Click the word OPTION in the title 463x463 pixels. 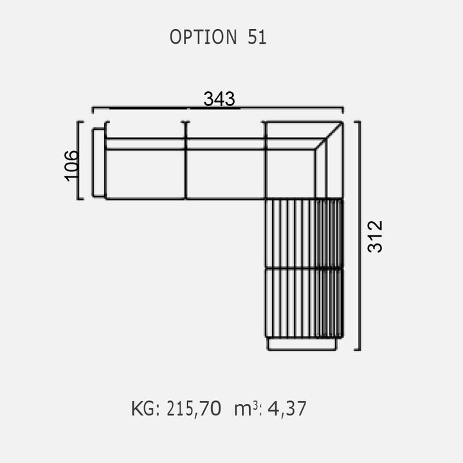pyautogui.click(x=203, y=37)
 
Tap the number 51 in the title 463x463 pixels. pyautogui.click(x=257, y=37)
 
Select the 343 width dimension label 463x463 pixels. pyautogui.click(x=219, y=98)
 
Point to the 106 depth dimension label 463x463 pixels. pyautogui.click(x=71, y=166)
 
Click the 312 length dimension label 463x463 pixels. pyautogui.click(x=375, y=237)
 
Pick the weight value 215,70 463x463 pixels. pyautogui.click(x=194, y=409)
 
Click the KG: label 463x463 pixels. pyautogui.click(x=145, y=409)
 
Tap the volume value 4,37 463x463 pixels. pyautogui.click(x=287, y=409)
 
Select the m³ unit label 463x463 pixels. pyautogui.click(x=246, y=409)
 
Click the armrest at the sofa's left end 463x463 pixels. pyautogui.click(x=98, y=163)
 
